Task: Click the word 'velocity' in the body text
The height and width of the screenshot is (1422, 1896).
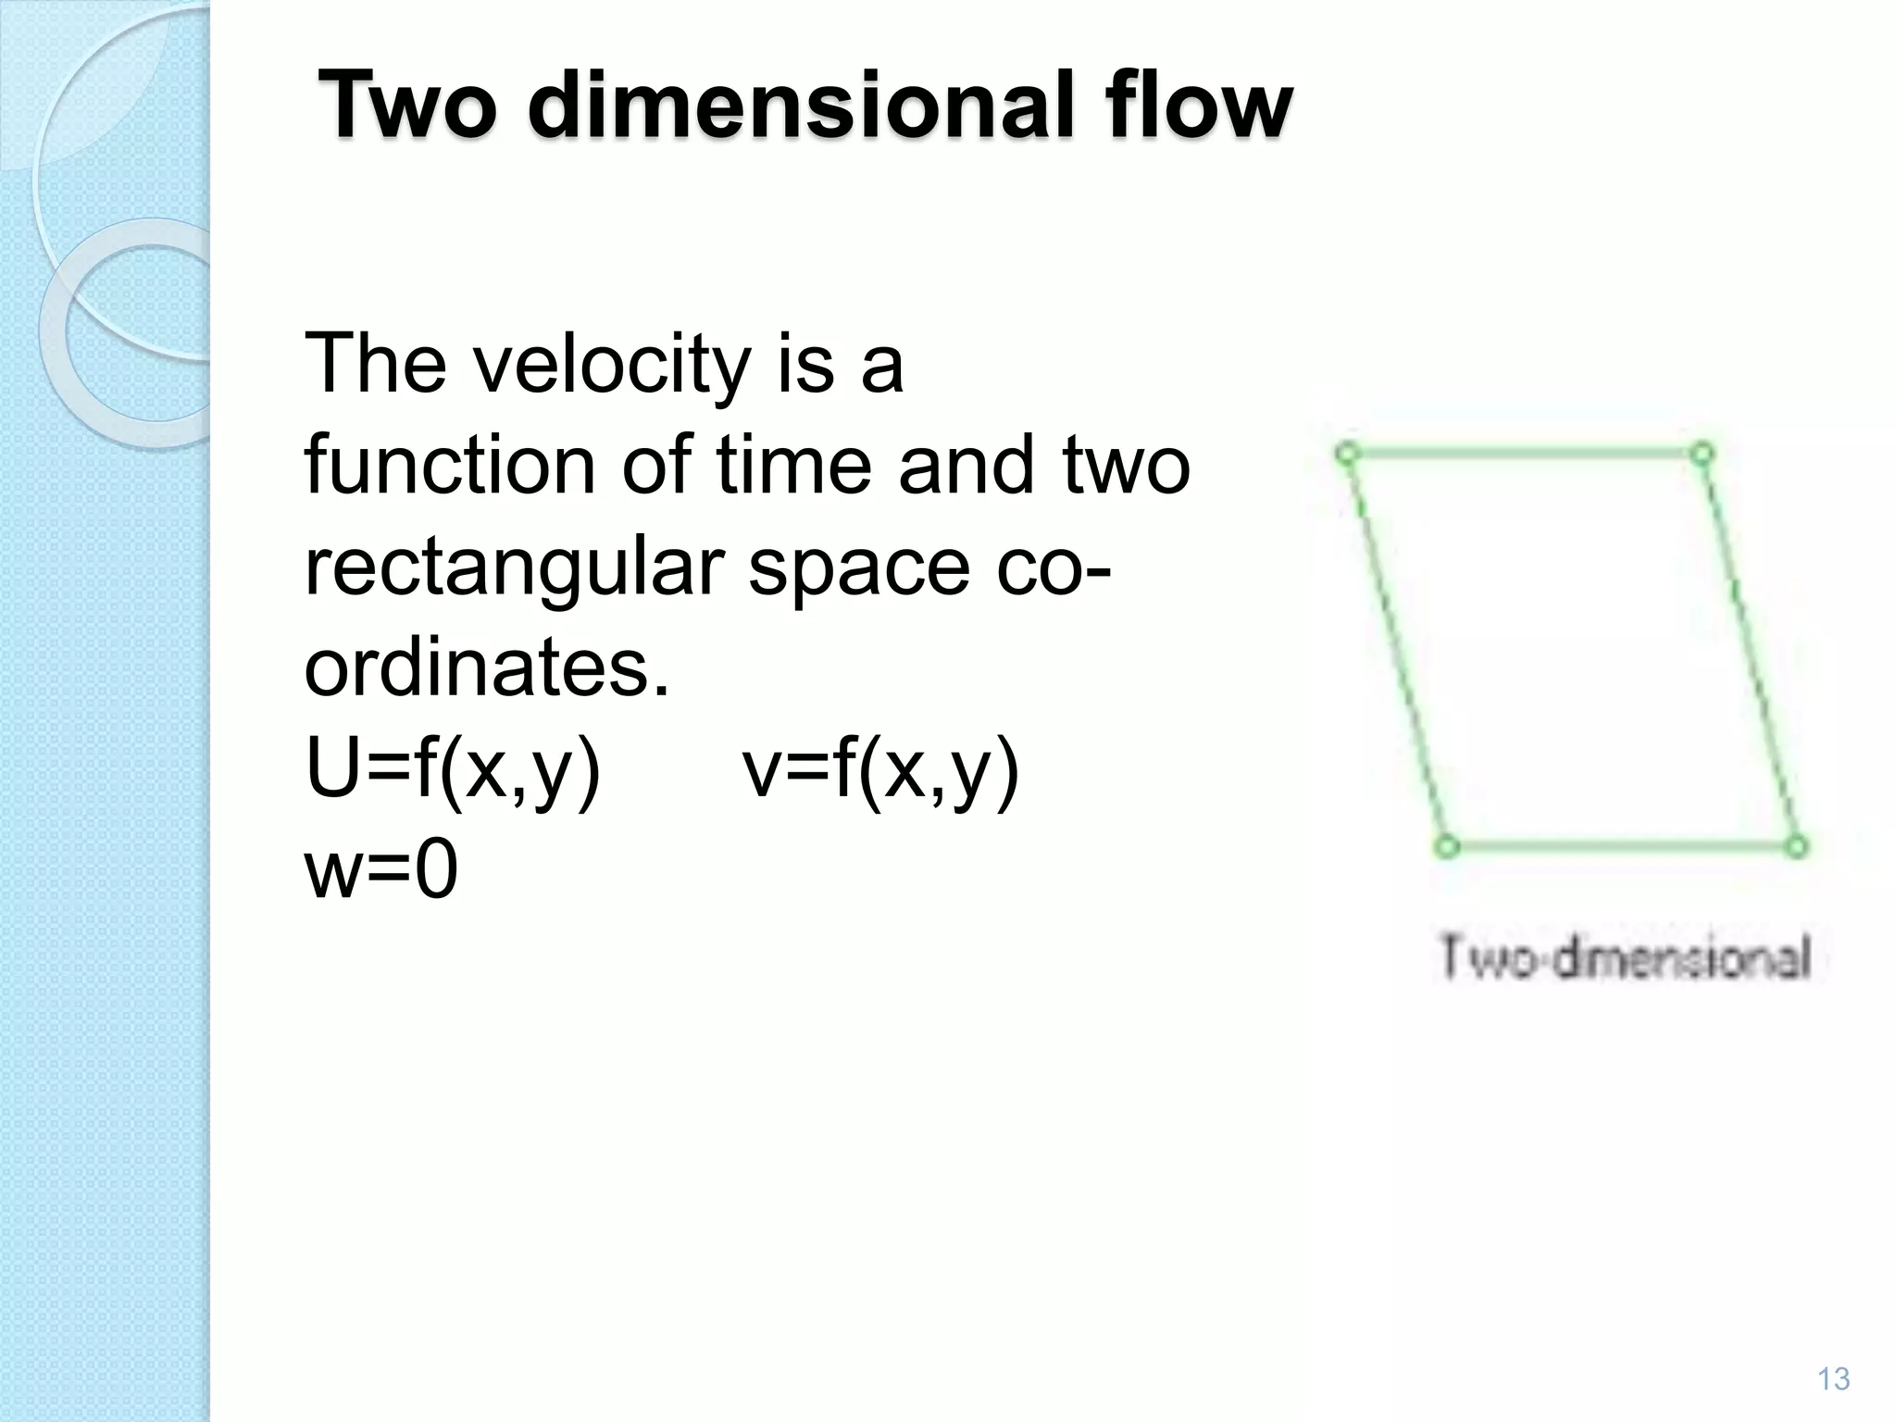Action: click(x=610, y=365)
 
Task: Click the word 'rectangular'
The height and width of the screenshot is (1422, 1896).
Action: click(x=514, y=568)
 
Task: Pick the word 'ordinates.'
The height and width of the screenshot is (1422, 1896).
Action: click(x=487, y=668)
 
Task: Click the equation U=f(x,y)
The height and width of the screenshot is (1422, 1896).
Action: click(x=454, y=771)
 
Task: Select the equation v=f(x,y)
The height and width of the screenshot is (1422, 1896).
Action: click(x=881, y=771)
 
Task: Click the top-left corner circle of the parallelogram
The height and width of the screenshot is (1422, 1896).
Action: click(x=1347, y=454)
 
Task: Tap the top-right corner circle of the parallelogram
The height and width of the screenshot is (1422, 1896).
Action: click(x=1703, y=454)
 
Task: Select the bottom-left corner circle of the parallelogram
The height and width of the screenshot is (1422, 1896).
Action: click(x=1447, y=846)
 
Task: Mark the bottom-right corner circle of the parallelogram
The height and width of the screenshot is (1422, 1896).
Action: click(x=1796, y=846)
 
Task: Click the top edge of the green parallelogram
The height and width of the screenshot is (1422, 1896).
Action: click(x=1525, y=454)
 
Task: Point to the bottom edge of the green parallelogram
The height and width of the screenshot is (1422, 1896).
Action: click(x=1621, y=846)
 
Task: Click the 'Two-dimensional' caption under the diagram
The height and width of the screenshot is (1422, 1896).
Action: click(x=1625, y=957)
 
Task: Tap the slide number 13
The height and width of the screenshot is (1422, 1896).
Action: click(x=1833, y=1378)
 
